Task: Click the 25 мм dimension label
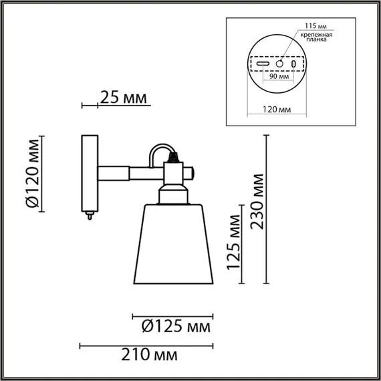[x=122, y=99]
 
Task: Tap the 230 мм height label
[x=259, y=201]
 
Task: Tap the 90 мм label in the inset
[x=279, y=76]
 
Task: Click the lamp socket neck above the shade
[x=173, y=195]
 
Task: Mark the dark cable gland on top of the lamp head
[x=175, y=160]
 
